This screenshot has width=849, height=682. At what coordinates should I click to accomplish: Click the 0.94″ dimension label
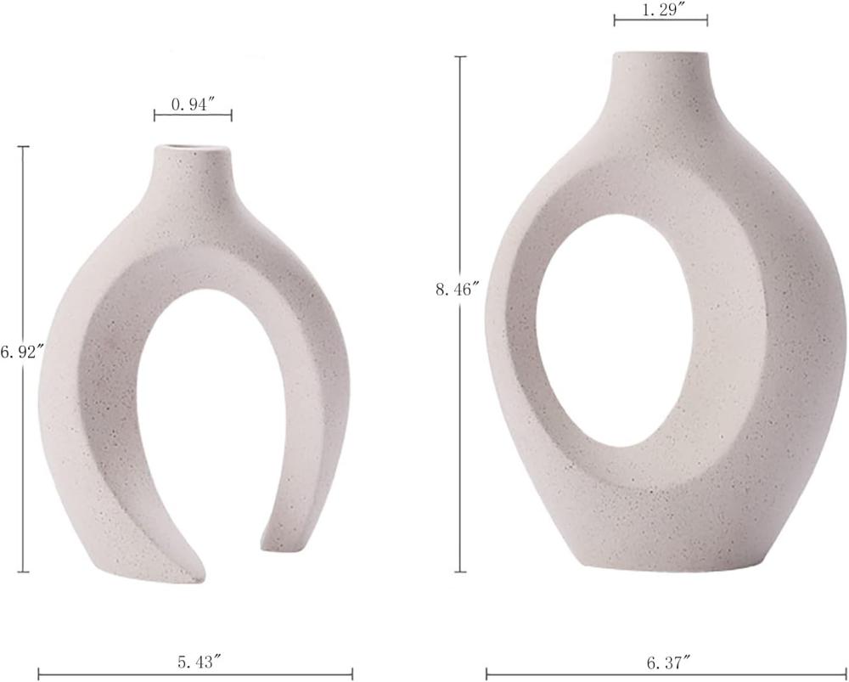coord(194,105)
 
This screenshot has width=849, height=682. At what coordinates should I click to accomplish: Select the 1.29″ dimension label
coord(661,11)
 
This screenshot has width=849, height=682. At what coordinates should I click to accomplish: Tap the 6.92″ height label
coord(22,353)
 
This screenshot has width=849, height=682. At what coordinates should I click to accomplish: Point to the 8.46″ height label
coord(458,290)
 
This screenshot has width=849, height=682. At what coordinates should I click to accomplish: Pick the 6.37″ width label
coord(669,661)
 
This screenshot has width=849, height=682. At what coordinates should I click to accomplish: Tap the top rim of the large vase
coord(661,54)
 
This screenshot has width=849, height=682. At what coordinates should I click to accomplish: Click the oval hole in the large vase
coord(615,330)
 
